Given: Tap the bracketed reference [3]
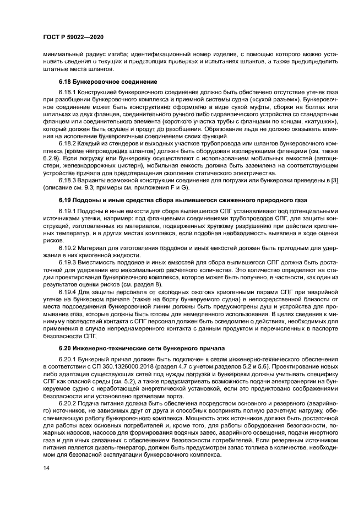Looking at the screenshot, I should pyautogui.click(x=325, y=180).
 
